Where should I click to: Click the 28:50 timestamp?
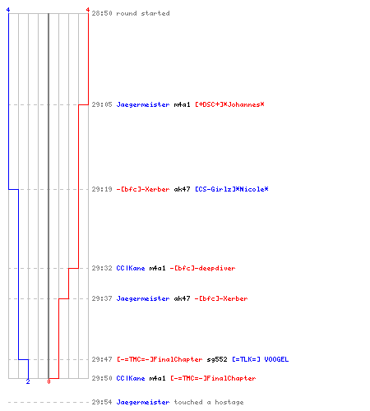pyautogui.click(x=102, y=13)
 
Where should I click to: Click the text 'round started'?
pyautogui.click(x=143, y=13)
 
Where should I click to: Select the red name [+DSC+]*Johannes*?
pyautogui.click(x=229, y=104)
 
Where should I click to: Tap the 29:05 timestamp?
pyautogui.click(x=102, y=104)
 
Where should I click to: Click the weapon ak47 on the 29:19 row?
pyautogui.click(x=182, y=189)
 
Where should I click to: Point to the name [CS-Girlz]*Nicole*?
pyautogui.click(x=232, y=189)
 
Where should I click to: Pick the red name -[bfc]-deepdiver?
pyautogui.click(x=202, y=268)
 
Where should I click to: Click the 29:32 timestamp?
pyautogui.click(x=102, y=268)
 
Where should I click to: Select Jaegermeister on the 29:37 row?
pyautogui.click(x=143, y=298)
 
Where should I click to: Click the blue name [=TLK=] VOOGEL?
pyautogui.click(x=261, y=359)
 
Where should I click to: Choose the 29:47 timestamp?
pyautogui.click(x=102, y=359)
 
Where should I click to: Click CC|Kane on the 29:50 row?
pyautogui.click(x=131, y=378)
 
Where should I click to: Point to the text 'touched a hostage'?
pyautogui.click(x=209, y=402)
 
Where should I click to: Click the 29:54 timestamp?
pyautogui.click(x=102, y=402)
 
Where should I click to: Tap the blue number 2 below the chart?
pyautogui.click(x=28, y=381)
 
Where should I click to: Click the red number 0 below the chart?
pyautogui.click(x=49, y=381)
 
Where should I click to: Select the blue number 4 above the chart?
pyautogui.click(x=8, y=10)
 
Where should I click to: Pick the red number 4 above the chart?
pyautogui.click(x=88, y=10)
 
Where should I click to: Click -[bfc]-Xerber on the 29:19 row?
pyautogui.click(x=143, y=189)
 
